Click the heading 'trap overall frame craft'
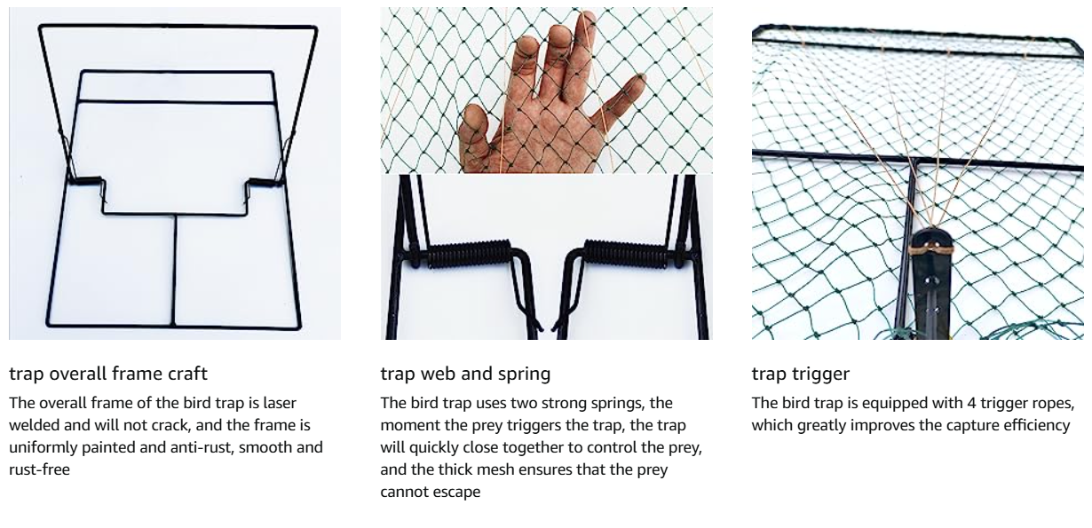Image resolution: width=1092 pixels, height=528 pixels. click(108, 374)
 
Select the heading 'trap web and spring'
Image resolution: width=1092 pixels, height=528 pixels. click(465, 374)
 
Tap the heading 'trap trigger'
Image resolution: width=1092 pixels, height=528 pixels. click(801, 374)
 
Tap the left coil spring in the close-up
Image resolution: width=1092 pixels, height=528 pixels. click(469, 254)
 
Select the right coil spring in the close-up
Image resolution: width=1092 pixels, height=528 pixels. click(626, 254)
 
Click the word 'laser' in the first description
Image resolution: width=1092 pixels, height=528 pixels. click(280, 403)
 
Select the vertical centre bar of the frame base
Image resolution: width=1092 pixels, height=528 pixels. click(174, 270)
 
